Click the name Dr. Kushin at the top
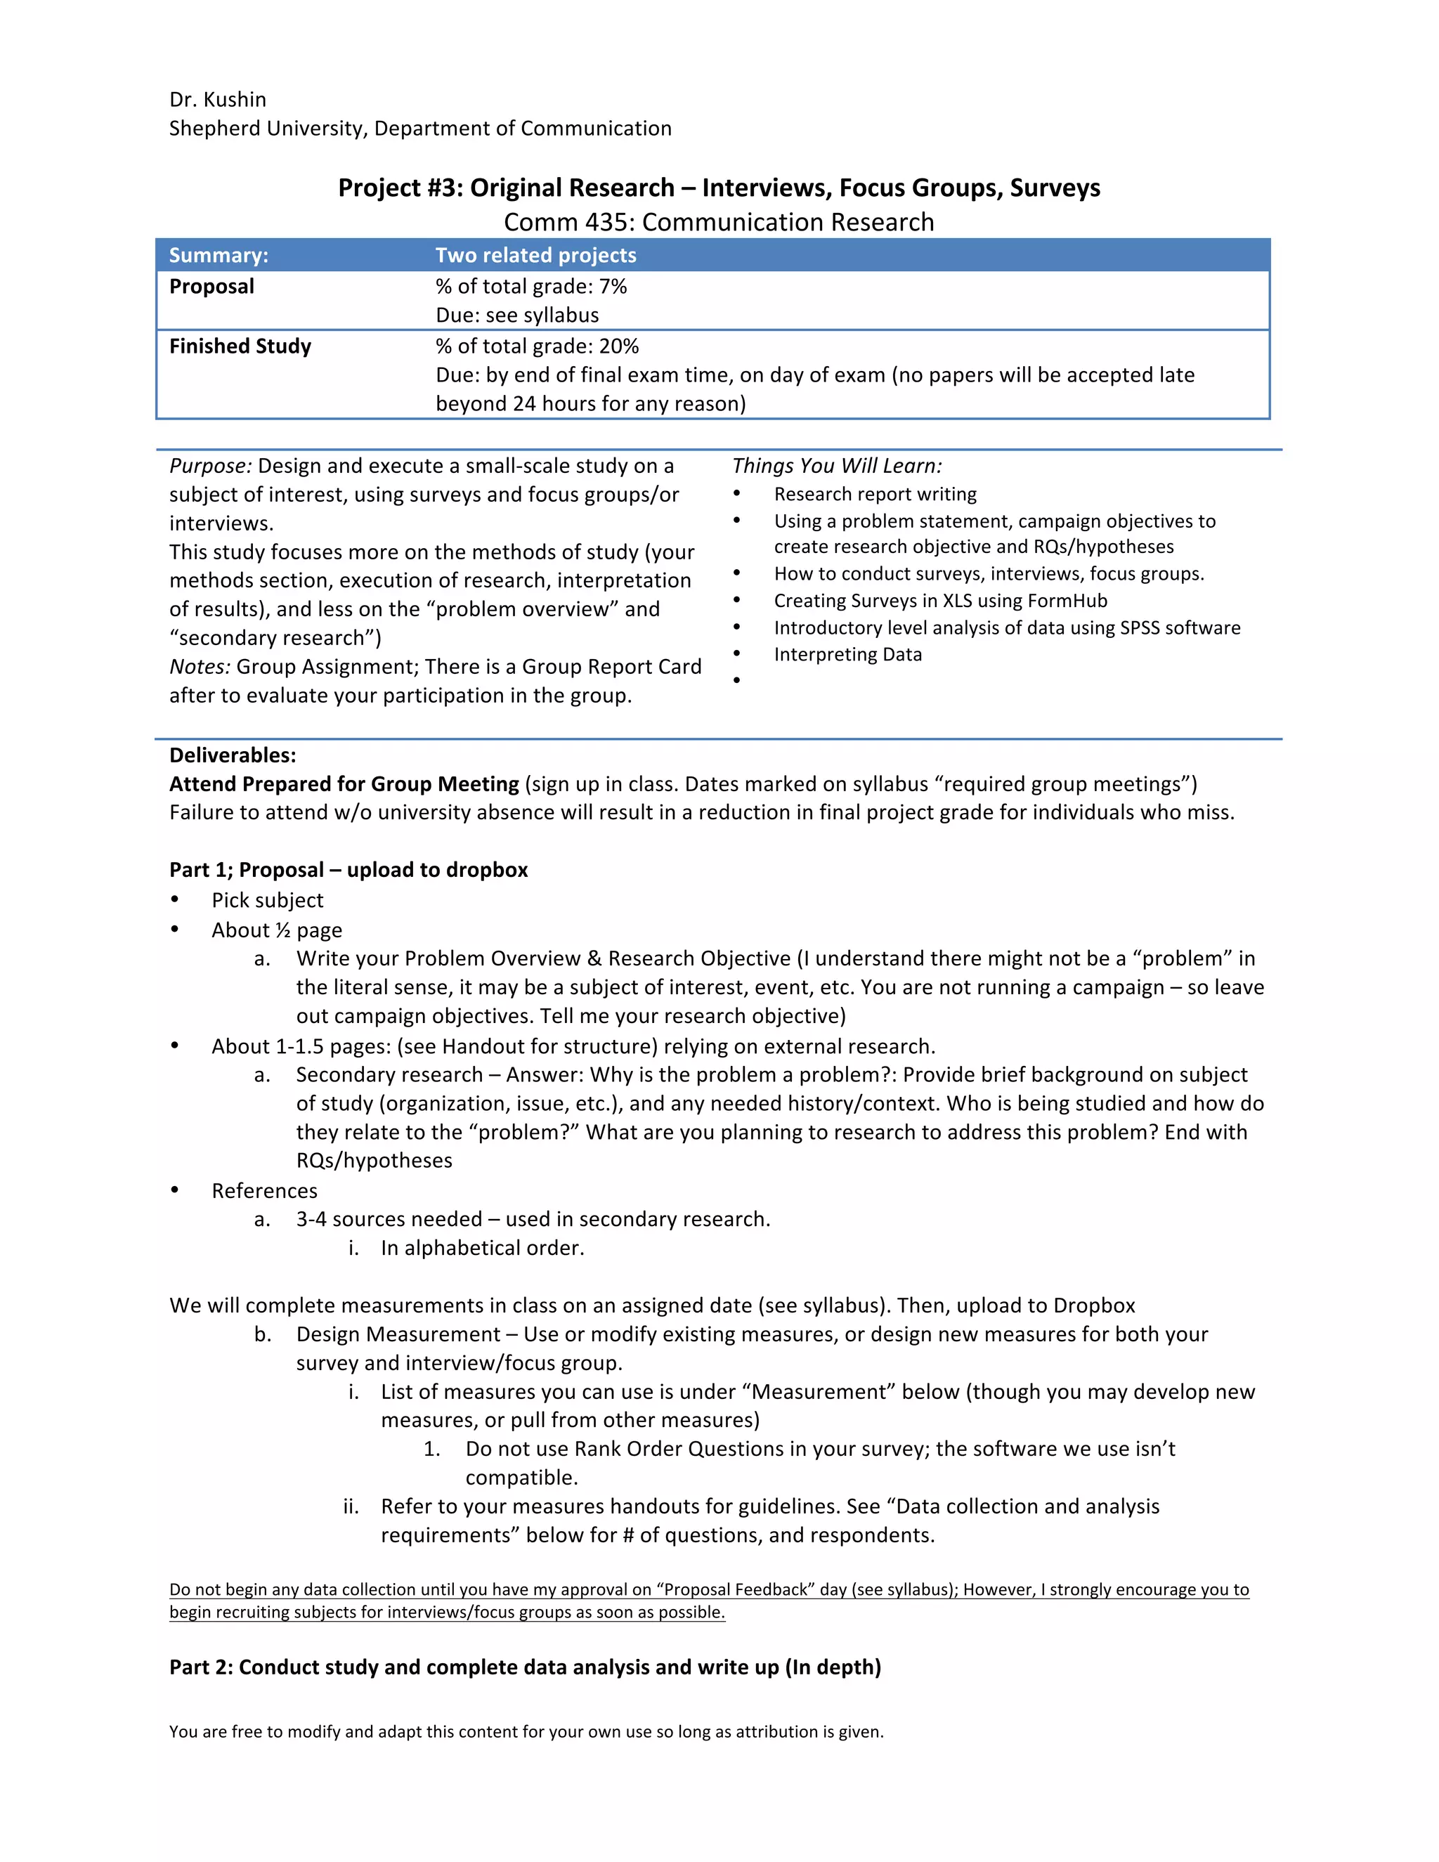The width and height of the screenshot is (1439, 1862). pyautogui.click(x=217, y=100)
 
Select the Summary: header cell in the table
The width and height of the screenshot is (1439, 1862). pyautogui.click(x=219, y=255)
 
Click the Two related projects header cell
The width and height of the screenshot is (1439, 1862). pyautogui.click(x=535, y=255)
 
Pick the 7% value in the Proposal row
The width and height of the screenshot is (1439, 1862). pyautogui.click(x=613, y=287)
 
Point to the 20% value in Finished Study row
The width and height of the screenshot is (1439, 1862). pyautogui.click(x=619, y=346)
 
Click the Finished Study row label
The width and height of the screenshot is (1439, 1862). pyautogui.click(x=240, y=346)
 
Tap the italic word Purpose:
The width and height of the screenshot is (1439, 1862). pyautogui.click(x=209, y=465)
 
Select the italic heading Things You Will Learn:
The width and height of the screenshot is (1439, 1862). pyautogui.click(x=836, y=465)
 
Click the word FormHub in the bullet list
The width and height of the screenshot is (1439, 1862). pyautogui.click(x=1067, y=600)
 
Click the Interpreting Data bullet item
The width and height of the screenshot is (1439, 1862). pyautogui.click(x=847, y=654)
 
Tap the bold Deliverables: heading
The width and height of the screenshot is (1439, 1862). pyautogui.click(x=232, y=755)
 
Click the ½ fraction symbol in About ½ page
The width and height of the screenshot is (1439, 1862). pyautogui.click(x=283, y=930)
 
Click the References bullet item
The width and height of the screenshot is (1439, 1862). pyautogui.click(x=264, y=1190)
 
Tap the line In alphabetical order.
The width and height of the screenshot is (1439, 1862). pyautogui.click(x=481, y=1248)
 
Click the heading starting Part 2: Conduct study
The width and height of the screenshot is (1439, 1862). pyautogui.click(x=524, y=1667)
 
